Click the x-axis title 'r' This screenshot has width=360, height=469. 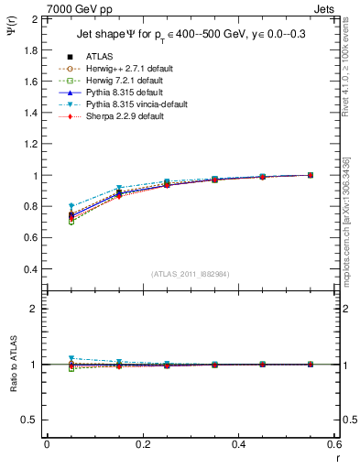(337, 459)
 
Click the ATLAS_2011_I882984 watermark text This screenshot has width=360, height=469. (191, 274)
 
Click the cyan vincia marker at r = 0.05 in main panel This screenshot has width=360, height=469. (71, 206)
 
